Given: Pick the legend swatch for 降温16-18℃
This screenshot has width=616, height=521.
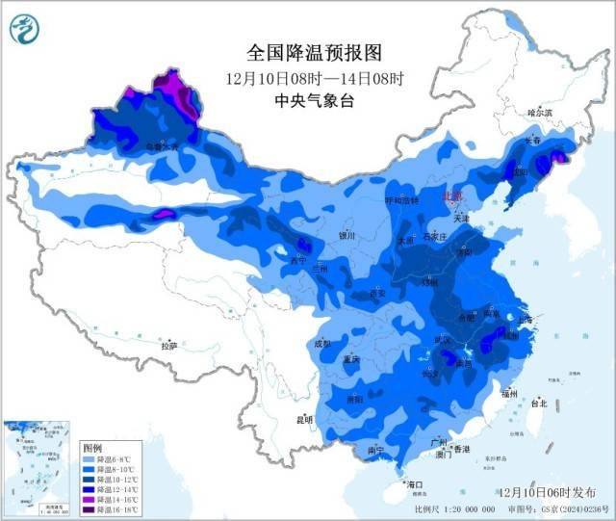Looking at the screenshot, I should (90, 510).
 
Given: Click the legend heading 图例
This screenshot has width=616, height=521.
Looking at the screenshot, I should (92, 450).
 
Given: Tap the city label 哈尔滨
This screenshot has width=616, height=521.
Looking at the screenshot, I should (541, 113).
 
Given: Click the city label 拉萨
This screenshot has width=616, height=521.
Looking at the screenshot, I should (169, 346).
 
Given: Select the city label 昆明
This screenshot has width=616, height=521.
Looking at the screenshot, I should (305, 419).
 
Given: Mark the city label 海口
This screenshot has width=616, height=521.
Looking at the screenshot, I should (415, 483).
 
